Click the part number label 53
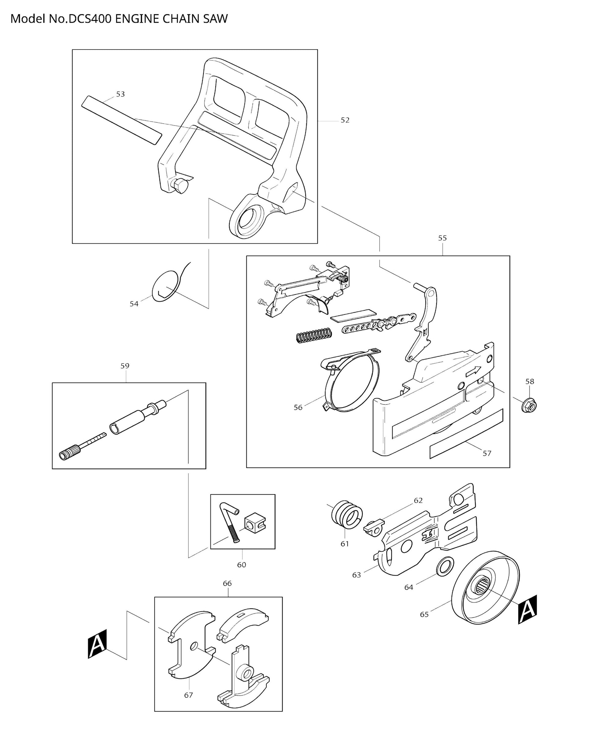click(120, 94)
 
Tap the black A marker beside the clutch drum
click(527, 610)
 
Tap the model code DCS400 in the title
click(90, 19)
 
